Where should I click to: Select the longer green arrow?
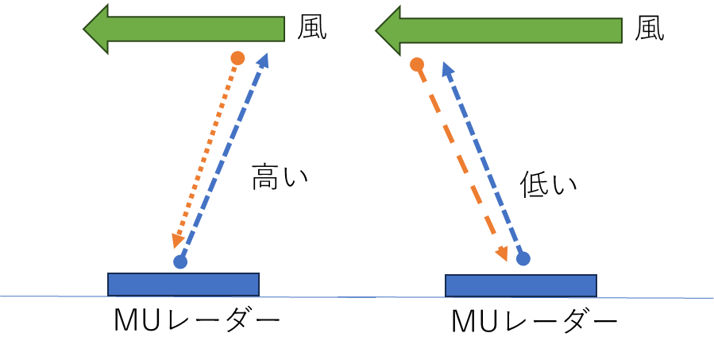508,31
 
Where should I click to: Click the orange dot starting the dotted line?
237,58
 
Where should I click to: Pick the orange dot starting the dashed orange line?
417,64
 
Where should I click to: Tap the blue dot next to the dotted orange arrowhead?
180,261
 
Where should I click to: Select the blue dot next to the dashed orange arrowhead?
523,258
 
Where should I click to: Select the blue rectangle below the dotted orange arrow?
183,285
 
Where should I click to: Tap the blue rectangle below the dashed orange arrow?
521,286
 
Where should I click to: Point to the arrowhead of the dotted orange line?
178,241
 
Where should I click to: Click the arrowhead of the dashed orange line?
502,254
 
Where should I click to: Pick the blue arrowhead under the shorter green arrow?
264,60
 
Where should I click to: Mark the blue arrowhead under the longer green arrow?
447,68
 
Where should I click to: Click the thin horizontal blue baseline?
357,297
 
